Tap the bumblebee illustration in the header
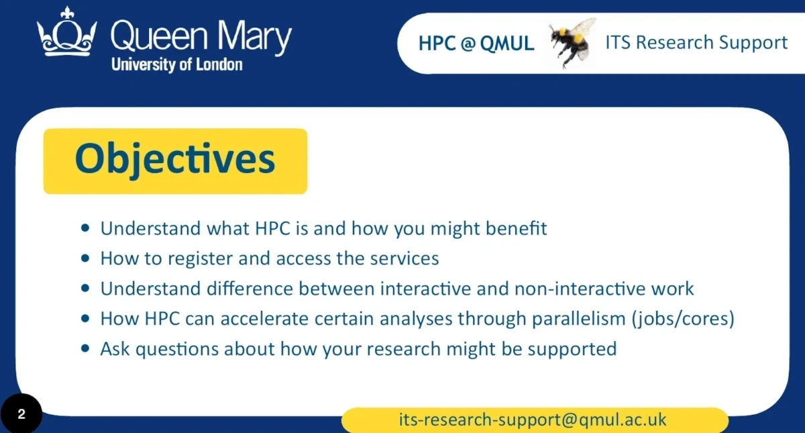click(x=572, y=42)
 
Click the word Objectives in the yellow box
click(x=175, y=159)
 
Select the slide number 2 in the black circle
click(x=21, y=414)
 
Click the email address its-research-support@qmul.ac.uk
click(x=533, y=420)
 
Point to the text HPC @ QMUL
click(x=476, y=44)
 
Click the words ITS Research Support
click(x=696, y=43)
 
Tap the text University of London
click(x=177, y=64)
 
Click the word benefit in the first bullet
click(x=516, y=228)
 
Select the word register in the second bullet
click(x=200, y=258)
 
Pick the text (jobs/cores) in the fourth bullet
click(x=683, y=319)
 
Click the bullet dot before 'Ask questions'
click(x=85, y=348)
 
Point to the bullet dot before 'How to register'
click(x=85, y=258)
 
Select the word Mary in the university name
click(x=255, y=37)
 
